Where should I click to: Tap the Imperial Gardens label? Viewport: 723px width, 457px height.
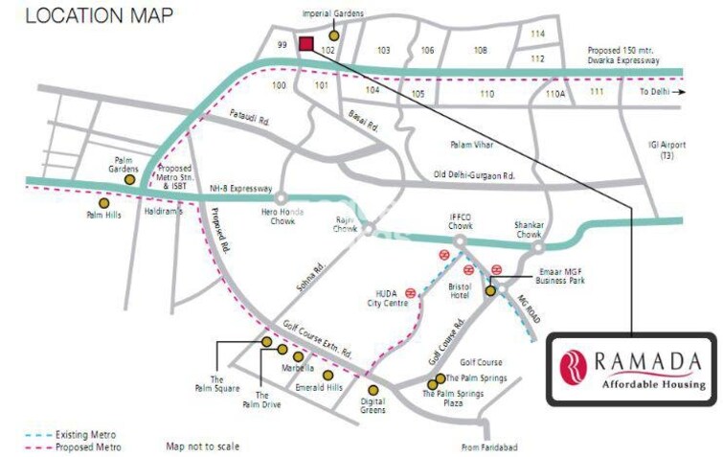[333, 14]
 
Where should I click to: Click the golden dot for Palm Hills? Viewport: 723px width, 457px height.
[103, 203]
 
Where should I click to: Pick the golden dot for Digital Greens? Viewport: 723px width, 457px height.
[373, 390]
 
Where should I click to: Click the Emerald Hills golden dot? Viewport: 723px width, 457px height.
[328, 375]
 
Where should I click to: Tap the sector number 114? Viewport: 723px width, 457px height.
[537, 34]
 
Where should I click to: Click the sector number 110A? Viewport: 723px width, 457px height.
[555, 95]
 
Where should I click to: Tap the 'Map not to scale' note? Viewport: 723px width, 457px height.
[202, 446]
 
